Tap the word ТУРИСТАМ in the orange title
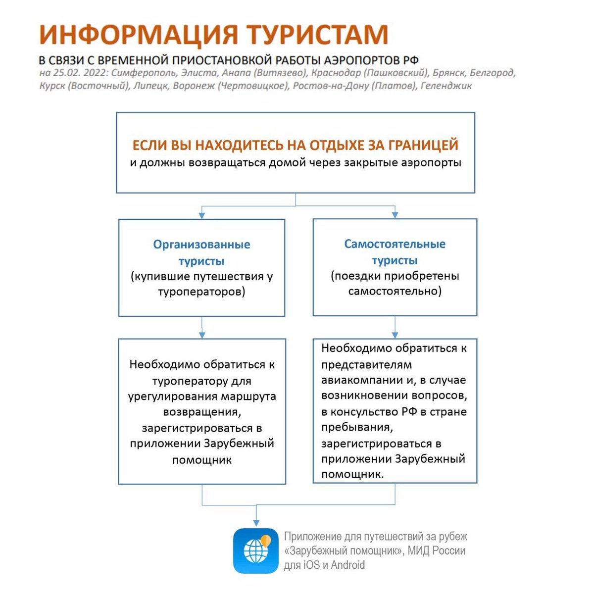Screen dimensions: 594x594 [x=317, y=35]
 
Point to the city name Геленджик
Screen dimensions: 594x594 [x=446, y=86]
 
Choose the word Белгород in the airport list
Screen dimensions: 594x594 [x=492, y=73]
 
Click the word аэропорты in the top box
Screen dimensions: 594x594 [x=430, y=162]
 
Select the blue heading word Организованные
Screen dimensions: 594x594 [x=201, y=245]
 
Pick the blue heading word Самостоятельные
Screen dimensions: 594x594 [x=395, y=244]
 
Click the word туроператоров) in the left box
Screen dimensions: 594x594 [x=201, y=292]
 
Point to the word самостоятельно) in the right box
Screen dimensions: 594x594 [x=395, y=291]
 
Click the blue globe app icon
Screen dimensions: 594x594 [x=255, y=550]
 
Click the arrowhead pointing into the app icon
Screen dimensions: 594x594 [x=256, y=522]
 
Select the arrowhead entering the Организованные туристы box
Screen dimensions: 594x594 [x=201, y=215]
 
